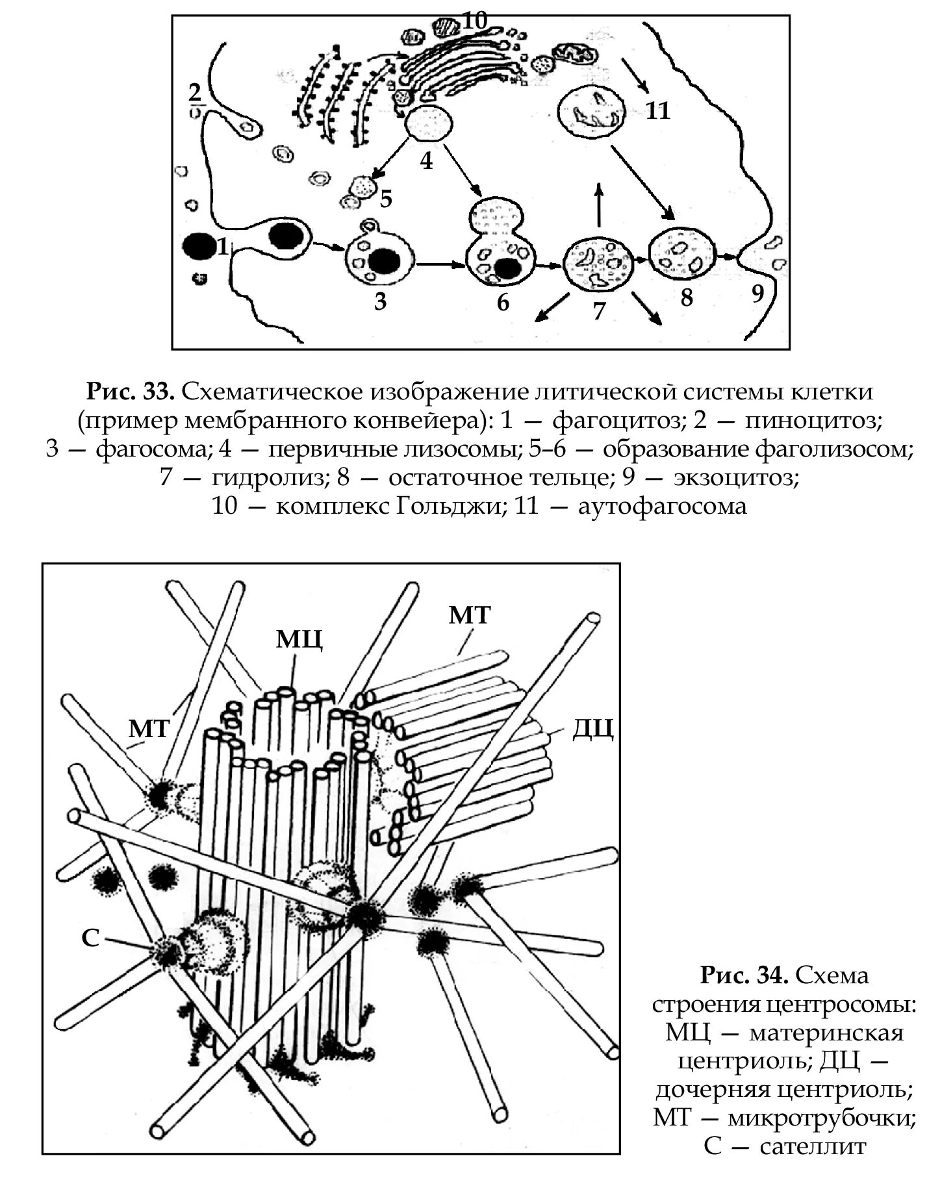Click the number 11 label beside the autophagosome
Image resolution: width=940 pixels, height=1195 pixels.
point(657,111)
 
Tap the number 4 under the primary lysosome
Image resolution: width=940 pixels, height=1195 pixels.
point(426,160)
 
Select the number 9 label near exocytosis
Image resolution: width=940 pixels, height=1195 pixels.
point(757,294)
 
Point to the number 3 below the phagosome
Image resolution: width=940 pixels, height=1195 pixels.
point(381,301)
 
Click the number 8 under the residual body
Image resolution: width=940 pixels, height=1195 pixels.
point(687,297)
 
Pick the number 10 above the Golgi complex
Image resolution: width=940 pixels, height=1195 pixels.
point(475,21)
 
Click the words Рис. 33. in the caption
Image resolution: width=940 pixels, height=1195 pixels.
point(130,392)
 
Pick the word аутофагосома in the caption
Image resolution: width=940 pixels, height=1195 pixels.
point(663,506)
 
